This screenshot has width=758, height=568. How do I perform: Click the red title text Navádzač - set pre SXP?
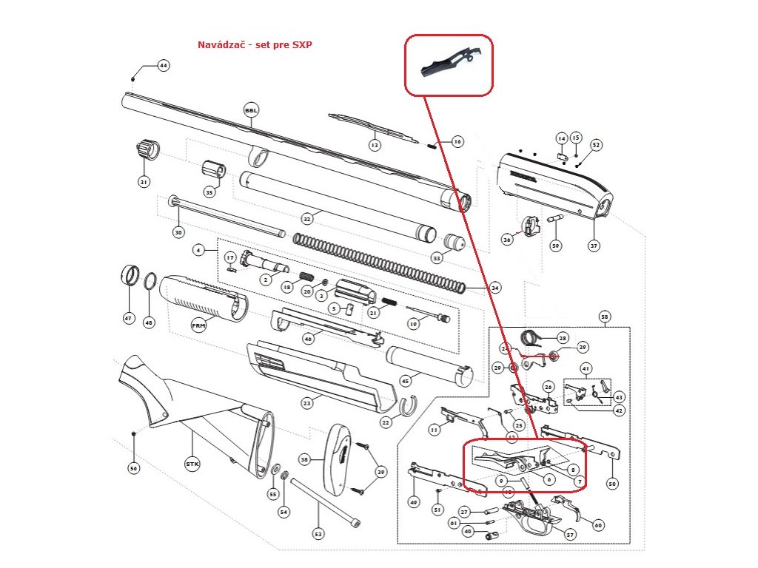pyautogui.click(x=255, y=45)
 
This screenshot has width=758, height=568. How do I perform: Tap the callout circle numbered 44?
pyautogui.click(x=164, y=66)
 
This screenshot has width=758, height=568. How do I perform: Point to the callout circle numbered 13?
pyautogui.click(x=375, y=146)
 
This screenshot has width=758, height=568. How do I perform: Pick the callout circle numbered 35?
pyautogui.click(x=209, y=192)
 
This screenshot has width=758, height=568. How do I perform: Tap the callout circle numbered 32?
pyautogui.click(x=306, y=219)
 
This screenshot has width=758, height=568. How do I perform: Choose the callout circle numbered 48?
pyautogui.click(x=150, y=322)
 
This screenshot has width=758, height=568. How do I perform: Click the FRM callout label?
pyautogui.click(x=198, y=325)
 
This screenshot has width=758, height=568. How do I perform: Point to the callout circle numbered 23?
pyautogui.click(x=306, y=403)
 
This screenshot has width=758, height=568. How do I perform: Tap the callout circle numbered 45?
pyautogui.click(x=405, y=381)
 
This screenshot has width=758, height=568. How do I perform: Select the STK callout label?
pyautogui.click(x=192, y=464)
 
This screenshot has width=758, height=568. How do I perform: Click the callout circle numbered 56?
pyautogui.click(x=133, y=468)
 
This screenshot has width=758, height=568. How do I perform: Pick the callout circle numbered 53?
pyautogui.click(x=319, y=533)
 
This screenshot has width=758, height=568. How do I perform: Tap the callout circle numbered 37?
pyautogui.click(x=593, y=245)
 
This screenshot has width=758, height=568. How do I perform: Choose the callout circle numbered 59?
pyautogui.click(x=555, y=245)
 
